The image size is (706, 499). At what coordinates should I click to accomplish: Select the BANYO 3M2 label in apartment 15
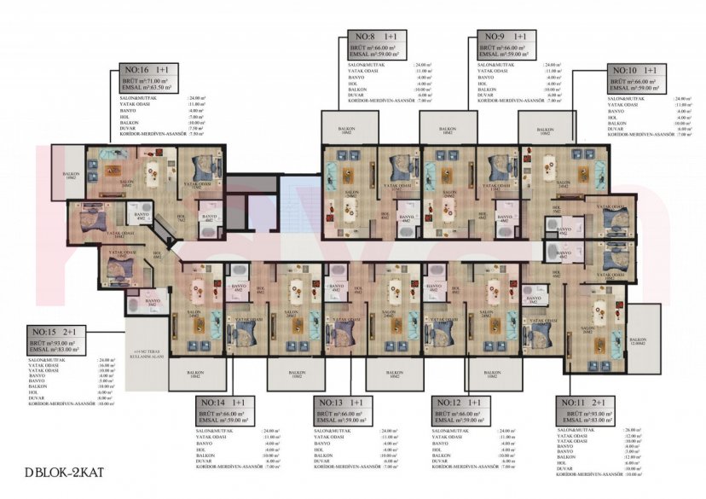(x=153, y=302)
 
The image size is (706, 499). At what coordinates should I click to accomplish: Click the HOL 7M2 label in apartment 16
(x=181, y=218)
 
